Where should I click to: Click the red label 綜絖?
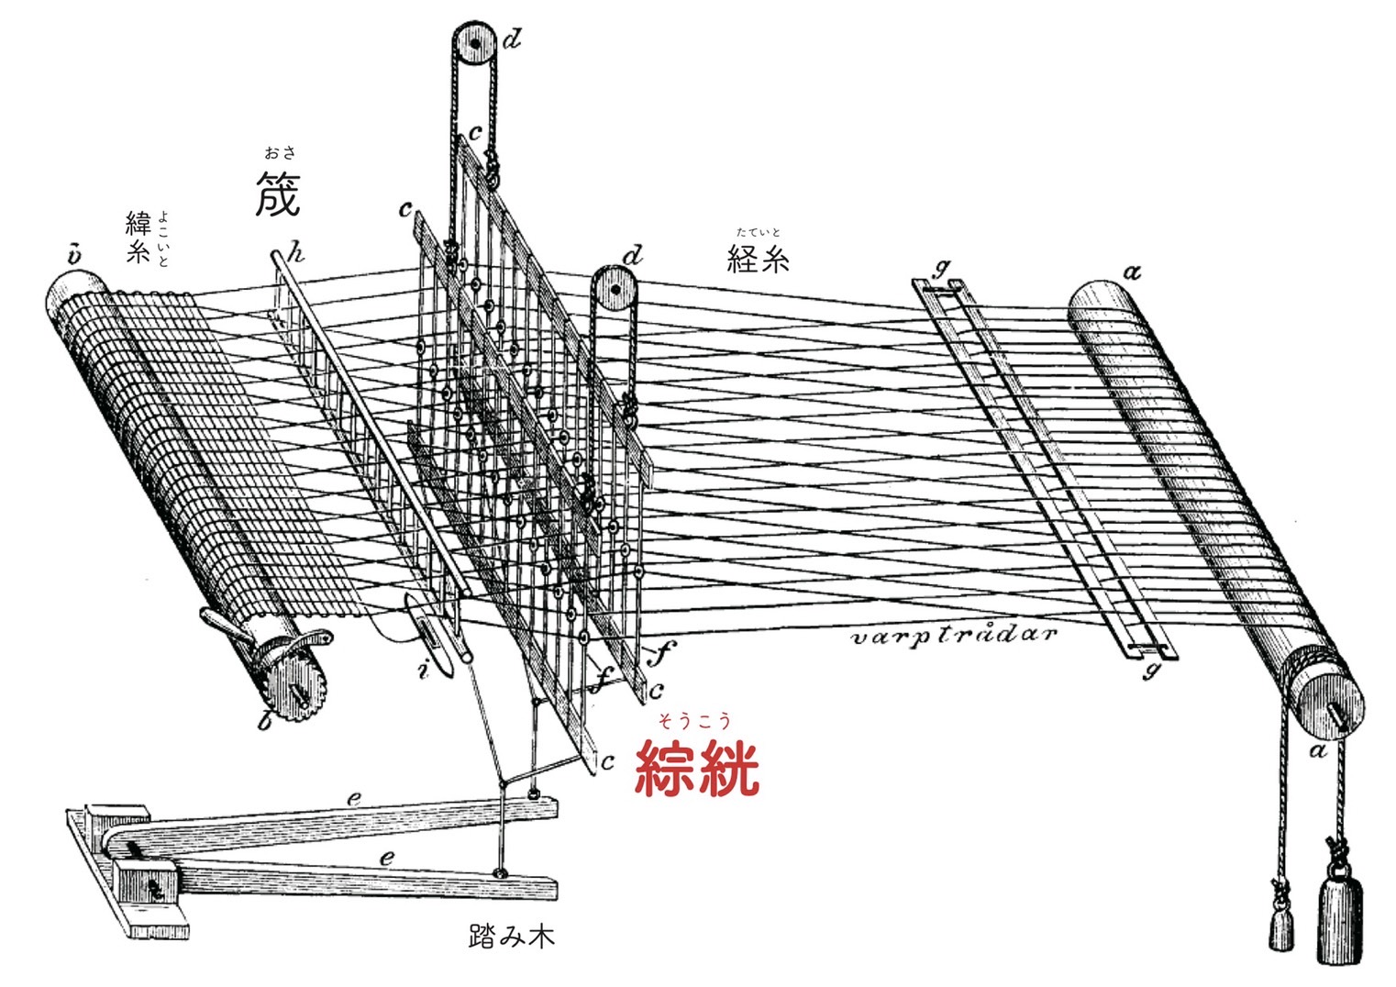pyautogui.click(x=697, y=769)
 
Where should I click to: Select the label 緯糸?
pyautogui.click(x=138, y=238)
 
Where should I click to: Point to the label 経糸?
pyautogui.click(x=758, y=260)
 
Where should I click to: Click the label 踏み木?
pyautogui.click(x=511, y=937)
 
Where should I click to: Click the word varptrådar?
pyautogui.click(x=954, y=635)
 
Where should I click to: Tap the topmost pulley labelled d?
pyautogui.click(x=472, y=43)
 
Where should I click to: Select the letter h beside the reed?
pyautogui.click(x=295, y=252)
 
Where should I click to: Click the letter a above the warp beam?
pyautogui.click(x=1134, y=272)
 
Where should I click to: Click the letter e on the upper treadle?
pyautogui.click(x=354, y=798)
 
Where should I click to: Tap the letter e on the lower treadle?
pyautogui.click(x=387, y=858)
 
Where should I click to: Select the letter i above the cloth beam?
pyautogui.click(x=73, y=254)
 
